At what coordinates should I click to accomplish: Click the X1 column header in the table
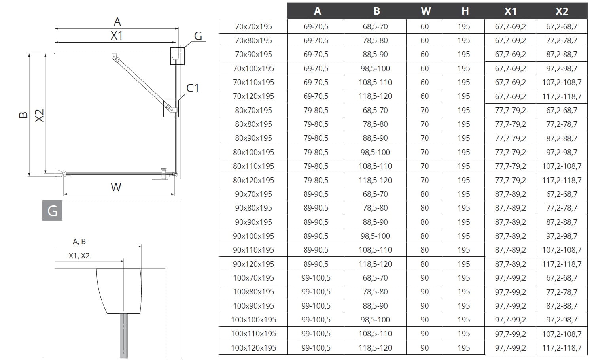pos(510,11)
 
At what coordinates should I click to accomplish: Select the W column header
pos(426,11)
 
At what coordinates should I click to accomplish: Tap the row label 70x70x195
pos(253,26)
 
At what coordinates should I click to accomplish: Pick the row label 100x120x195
pos(253,348)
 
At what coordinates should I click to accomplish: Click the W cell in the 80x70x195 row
pos(424,110)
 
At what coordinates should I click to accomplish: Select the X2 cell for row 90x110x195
pos(562,250)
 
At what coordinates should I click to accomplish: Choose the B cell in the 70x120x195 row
pos(375,96)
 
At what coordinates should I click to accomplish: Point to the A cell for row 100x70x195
pos(316,278)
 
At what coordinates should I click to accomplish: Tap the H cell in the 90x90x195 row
pos(463,222)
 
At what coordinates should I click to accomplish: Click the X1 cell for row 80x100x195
pos(510,152)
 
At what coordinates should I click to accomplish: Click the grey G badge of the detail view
pos(52,211)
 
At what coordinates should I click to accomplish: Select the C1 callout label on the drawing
pos(193,88)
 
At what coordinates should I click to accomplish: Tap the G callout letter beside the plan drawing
pos(198,36)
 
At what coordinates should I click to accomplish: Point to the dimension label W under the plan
pos(116,187)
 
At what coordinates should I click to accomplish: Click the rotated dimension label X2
pos(40,115)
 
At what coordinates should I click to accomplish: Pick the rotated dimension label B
pos(23,115)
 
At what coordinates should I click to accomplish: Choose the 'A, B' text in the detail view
pos(79,242)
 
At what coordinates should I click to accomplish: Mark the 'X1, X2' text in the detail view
pos(79,256)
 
